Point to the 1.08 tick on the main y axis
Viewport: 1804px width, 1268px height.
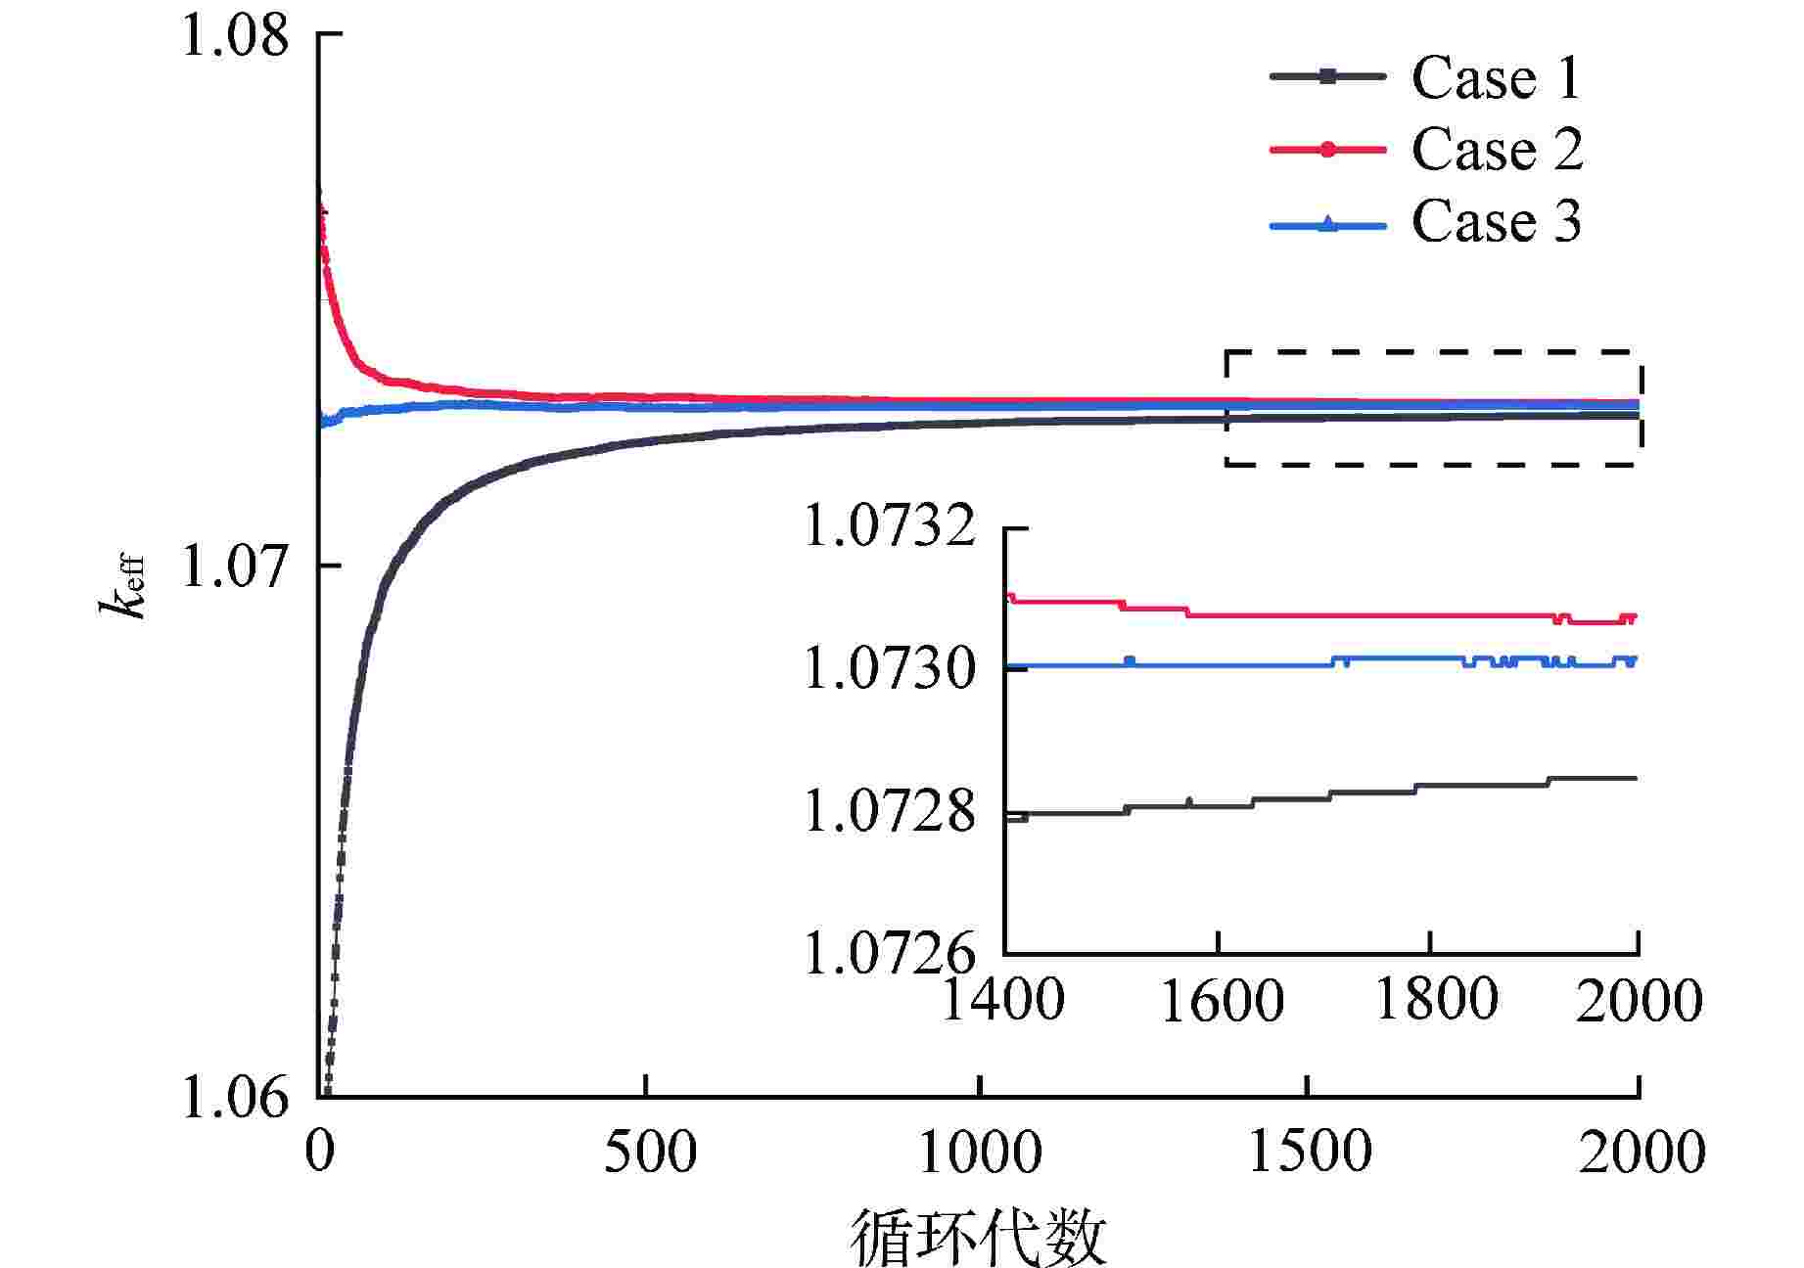point(236,35)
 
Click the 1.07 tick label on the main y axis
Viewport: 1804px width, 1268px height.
point(236,566)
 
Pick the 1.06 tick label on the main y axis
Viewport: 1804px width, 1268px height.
point(236,1099)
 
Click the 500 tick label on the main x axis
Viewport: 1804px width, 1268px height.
point(649,1153)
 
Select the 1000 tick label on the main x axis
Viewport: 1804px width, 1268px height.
point(980,1153)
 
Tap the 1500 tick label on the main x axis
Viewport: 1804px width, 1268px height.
point(1309,1153)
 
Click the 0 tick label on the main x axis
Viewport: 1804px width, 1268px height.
point(320,1153)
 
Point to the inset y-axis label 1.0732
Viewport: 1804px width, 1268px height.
point(890,528)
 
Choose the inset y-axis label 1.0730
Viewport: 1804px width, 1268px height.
point(890,670)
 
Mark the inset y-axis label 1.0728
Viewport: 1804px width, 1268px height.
point(890,812)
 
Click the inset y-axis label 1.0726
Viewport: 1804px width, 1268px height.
point(890,953)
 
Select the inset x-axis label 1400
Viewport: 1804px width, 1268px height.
point(1003,1000)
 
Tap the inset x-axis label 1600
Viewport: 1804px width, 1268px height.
point(1222,1000)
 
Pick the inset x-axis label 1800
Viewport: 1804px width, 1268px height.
point(1436,1000)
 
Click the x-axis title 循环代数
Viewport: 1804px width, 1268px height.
point(978,1237)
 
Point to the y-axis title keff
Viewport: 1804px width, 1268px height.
point(123,586)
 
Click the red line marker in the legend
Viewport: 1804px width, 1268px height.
point(1328,150)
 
